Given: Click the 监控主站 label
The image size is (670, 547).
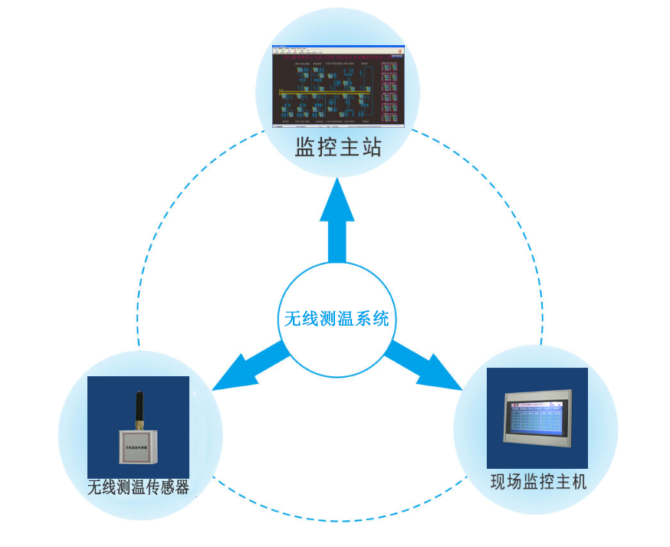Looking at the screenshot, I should [338, 148].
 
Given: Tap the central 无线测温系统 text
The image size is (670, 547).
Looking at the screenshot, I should [337, 318].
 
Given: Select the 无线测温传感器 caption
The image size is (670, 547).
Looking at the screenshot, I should [139, 486].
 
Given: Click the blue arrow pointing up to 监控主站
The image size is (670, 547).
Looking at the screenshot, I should [337, 218].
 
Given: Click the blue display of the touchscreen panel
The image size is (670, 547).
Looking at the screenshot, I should [537, 420].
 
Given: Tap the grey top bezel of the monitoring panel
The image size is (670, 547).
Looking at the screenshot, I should [538, 393].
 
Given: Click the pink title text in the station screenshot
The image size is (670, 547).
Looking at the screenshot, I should [337, 56].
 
